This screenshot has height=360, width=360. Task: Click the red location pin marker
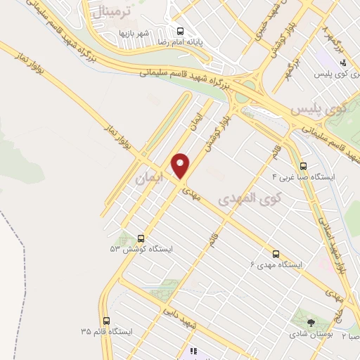(181, 166)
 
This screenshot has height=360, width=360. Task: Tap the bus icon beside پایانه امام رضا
(181, 31)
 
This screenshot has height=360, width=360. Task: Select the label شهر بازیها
(133, 33)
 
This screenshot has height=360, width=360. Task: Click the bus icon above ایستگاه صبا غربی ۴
(303, 167)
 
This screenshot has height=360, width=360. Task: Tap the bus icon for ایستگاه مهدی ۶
(275, 254)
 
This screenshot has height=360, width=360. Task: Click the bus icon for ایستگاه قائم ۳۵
(106, 320)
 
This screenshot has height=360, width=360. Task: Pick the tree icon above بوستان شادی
(311, 323)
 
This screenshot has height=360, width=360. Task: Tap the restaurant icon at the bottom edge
(193, 351)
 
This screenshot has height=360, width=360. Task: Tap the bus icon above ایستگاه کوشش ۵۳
(141, 238)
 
